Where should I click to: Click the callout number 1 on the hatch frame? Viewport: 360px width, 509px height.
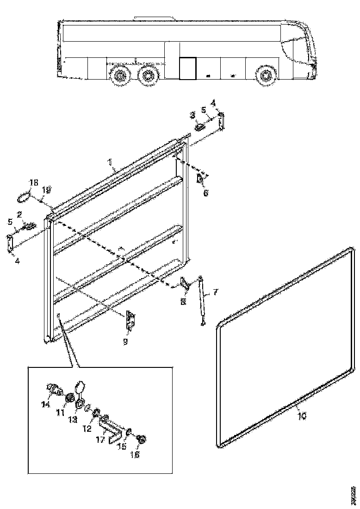coord(110,162)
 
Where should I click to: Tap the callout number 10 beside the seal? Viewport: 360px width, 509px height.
coord(301,416)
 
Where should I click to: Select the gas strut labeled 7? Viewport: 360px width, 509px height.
coord(201,301)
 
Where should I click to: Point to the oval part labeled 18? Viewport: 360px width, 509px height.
coord(23,198)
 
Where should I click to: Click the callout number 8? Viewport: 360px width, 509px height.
coord(183,302)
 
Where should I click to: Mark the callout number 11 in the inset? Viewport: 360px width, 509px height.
coord(61,411)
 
